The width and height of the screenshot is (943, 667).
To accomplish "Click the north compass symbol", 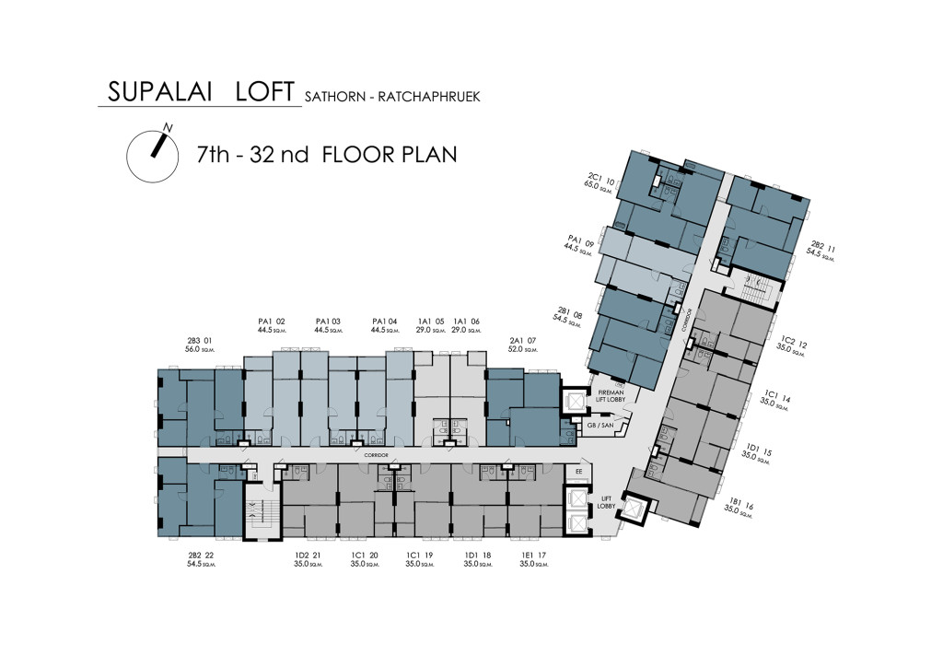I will tap(152, 153).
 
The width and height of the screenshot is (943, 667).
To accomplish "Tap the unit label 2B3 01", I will tap(199, 340).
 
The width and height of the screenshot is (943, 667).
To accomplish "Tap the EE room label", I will tap(579, 472).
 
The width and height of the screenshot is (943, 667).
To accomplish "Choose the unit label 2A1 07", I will tap(522, 340).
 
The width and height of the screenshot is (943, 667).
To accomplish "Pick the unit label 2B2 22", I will tap(201, 556).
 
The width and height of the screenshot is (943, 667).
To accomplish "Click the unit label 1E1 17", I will tap(534, 556).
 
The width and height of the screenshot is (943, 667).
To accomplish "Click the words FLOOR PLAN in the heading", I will tap(389, 153).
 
